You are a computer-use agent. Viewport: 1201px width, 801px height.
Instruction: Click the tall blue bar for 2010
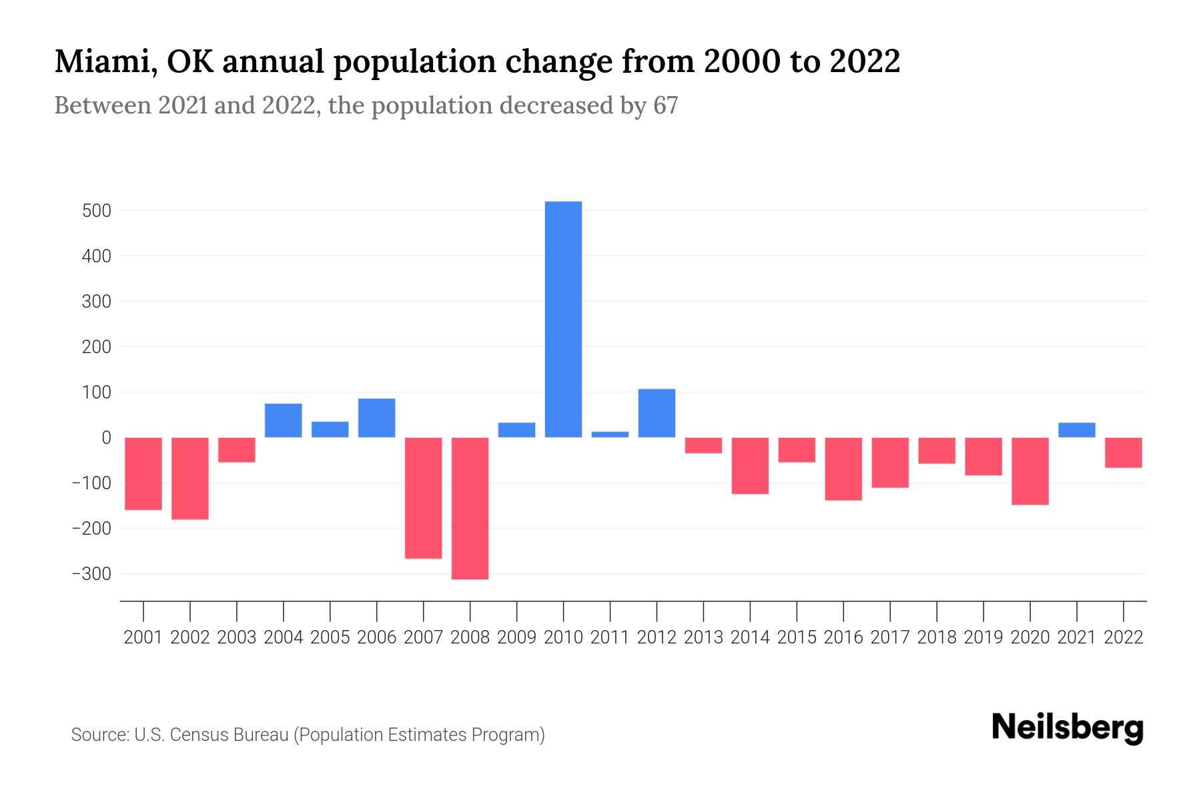tap(563, 319)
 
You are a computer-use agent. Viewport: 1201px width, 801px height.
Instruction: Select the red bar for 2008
tap(470, 508)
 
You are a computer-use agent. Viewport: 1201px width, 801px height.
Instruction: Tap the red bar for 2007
tap(423, 497)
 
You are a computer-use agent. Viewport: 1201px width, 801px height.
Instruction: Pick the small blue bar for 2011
tap(610, 435)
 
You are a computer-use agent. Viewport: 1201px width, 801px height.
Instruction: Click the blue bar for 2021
tap(1076, 430)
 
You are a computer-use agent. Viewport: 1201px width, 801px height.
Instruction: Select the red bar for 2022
tap(1123, 453)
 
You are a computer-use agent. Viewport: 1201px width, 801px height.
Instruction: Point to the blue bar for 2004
tap(283, 421)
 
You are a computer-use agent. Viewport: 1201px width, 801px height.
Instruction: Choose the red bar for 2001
tap(143, 473)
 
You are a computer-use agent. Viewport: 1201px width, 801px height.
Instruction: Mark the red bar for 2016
tap(843, 469)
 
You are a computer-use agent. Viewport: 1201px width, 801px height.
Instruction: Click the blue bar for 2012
tap(657, 413)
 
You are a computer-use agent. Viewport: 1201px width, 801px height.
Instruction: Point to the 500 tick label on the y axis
tap(96, 211)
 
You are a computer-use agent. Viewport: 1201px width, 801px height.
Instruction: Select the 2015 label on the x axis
tap(797, 637)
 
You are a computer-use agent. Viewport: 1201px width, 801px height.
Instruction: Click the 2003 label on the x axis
tap(237, 637)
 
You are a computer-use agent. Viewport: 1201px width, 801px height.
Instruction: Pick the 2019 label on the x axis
tap(983, 637)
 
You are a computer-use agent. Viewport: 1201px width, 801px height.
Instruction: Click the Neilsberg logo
tap(1067, 728)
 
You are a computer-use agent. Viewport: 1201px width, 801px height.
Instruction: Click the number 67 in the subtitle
tap(665, 105)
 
